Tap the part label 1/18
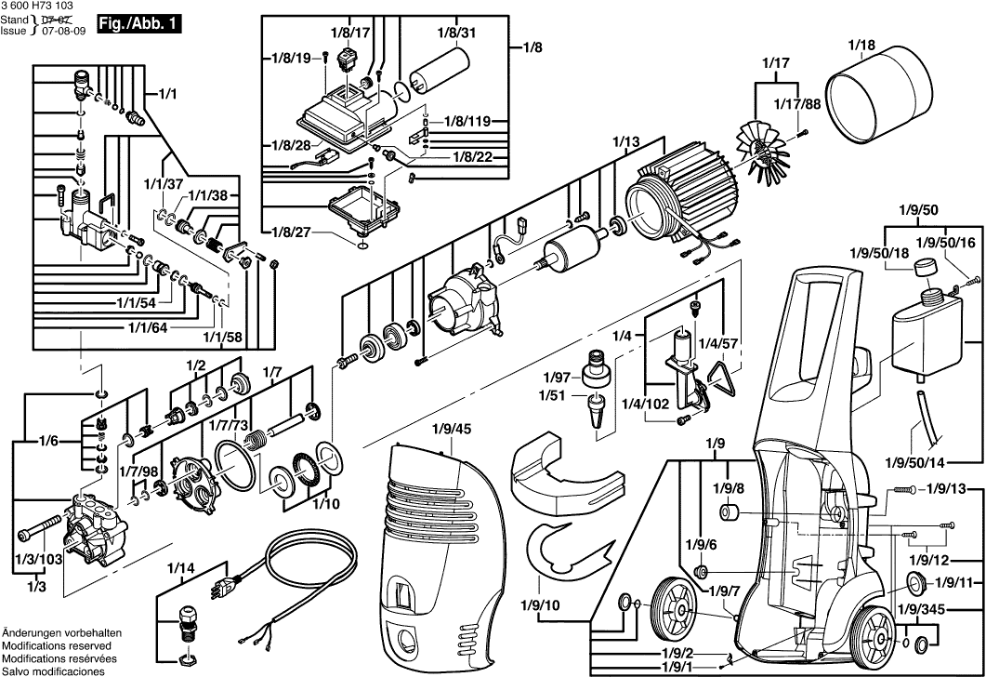pos(861,44)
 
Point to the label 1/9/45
pos(452,429)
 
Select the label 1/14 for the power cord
pos(181,568)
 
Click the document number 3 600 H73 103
pos(36,6)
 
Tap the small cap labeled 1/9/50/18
pos(922,269)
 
